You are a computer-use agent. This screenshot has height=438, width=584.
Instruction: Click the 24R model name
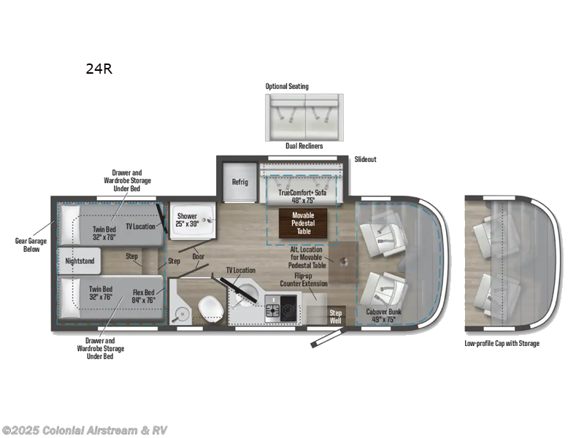pos(99,69)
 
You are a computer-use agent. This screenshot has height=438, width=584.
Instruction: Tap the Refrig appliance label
pos(240,182)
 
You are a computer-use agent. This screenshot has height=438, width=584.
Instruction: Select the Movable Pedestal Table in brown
pos(303,223)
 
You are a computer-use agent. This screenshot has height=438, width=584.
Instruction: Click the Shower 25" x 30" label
pos(187,220)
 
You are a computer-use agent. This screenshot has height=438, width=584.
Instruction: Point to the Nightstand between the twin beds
pos(80,261)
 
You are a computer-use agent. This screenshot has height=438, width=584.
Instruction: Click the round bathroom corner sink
pos(182,316)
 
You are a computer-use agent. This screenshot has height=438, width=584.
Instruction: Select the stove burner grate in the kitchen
pos(273,309)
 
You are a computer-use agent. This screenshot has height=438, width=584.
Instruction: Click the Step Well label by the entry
pos(335,317)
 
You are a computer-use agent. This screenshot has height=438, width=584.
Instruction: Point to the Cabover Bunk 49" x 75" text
pos(384,315)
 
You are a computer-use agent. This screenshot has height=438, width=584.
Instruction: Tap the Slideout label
pos(366,159)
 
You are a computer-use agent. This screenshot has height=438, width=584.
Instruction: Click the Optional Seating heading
pos(287,86)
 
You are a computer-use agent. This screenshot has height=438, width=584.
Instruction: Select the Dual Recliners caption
pos(304,146)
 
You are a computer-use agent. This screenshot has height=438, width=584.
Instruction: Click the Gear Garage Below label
pos(31,245)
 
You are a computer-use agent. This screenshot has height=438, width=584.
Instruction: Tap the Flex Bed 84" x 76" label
pos(144,296)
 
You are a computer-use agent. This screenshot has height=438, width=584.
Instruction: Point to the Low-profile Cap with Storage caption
pos(502,343)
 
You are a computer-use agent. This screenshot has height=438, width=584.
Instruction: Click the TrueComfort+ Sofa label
pos(302,193)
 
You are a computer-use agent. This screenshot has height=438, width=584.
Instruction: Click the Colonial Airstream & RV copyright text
pos(84,431)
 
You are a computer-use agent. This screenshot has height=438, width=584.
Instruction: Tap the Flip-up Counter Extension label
pos(304,280)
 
